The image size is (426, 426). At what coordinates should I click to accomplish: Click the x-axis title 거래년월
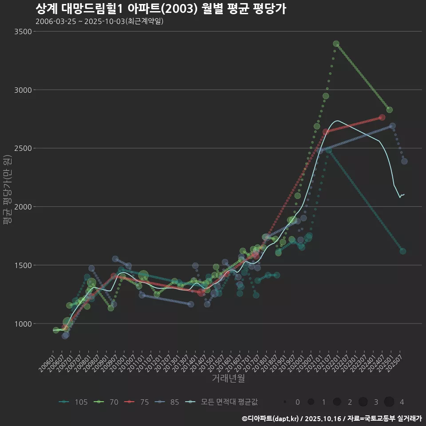tap(228, 378)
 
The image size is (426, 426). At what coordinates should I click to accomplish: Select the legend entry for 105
tap(74, 402)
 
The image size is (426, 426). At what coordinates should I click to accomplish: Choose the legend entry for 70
tap(107, 402)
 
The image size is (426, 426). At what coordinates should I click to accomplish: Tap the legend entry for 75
tap(138, 402)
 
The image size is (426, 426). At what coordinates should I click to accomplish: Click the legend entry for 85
tap(168, 402)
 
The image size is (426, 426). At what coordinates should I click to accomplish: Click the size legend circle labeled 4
tap(389, 402)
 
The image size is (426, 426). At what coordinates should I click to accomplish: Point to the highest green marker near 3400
tap(336, 44)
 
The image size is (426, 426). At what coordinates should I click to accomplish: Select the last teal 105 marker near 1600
tap(403, 251)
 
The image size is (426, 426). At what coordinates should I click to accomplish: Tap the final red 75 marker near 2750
tap(383, 118)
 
